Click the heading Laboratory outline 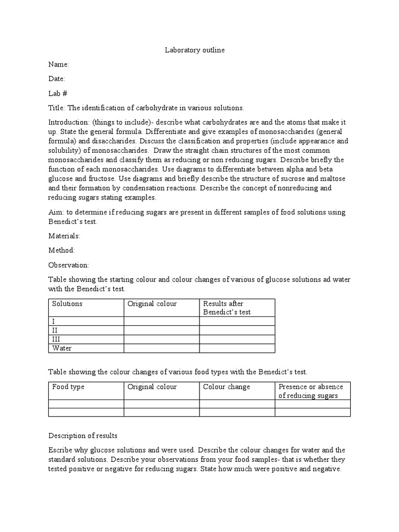pyautogui.click(x=195, y=50)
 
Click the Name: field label pyautogui.click(x=59, y=65)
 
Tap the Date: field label pyautogui.click(x=57, y=79)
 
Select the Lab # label pyautogui.click(x=58, y=94)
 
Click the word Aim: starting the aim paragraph pyautogui.click(x=56, y=212)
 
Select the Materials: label pyautogui.click(x=64, y=236)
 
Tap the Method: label pyautogui.click(x=62, y=250)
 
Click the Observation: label pyautogui.click(x=69, y=265)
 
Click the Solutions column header pyautogui.click(x=68, y=303)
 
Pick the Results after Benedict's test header pyautogui.click(x=227, y=308)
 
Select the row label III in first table pyautogui.click(x=57, y=339)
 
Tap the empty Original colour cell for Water pyautogui.click(x=162, y=348)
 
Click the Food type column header pyautogui.click(x=69, y=387)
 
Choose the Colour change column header pyautogui.click(x=227, y=387)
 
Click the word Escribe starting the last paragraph pyautogui.click(x=61, y=450)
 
